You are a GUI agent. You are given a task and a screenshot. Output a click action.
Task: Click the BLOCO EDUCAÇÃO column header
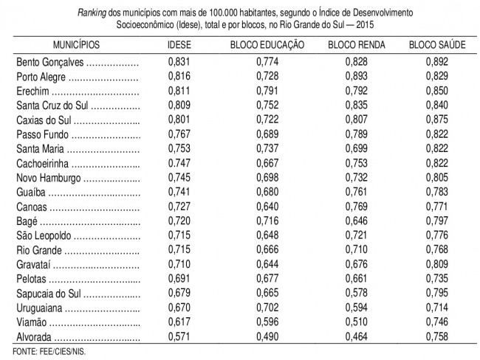(x=267, y=45)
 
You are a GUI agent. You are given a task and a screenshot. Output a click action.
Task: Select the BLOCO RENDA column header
(x=357, y=45)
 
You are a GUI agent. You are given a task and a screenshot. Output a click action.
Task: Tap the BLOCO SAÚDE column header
(x=437, y=45)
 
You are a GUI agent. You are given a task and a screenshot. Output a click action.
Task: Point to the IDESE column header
(x=179, y=45)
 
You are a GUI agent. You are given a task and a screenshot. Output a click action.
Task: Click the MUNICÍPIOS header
(x=76, y=45)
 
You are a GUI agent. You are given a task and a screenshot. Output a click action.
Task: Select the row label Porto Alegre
(x=41, y=77)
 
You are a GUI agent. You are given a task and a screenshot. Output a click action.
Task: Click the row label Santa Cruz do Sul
(x=52, y=105)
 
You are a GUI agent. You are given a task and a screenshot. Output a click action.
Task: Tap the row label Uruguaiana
(x=39, y=308)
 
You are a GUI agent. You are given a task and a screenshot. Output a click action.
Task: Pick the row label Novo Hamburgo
(x=48, y=178)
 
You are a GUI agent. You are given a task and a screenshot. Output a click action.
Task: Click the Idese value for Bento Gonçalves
(x=179, y=62)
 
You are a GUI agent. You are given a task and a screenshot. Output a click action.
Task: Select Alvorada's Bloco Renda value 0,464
(x=357, y=336)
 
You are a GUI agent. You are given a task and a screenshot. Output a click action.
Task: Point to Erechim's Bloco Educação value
(x=267, y=91)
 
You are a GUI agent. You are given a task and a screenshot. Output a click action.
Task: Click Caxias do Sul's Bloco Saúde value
(x=437, y=120)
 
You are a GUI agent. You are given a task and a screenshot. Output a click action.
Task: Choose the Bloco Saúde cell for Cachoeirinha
(x=437, y=163)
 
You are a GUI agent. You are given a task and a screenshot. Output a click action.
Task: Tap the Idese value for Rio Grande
(x=179, y=249)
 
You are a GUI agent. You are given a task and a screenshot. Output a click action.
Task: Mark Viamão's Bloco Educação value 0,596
(x=267, y=322)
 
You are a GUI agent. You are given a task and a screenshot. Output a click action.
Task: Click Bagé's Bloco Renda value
(x=357, y=221)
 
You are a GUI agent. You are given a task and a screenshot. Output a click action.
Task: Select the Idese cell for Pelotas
(x=179, y=279)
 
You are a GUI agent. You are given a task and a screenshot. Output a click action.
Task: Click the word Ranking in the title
(x=92, y=13)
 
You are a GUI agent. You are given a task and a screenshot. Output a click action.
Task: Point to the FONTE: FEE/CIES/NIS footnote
(x=49, y=351)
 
